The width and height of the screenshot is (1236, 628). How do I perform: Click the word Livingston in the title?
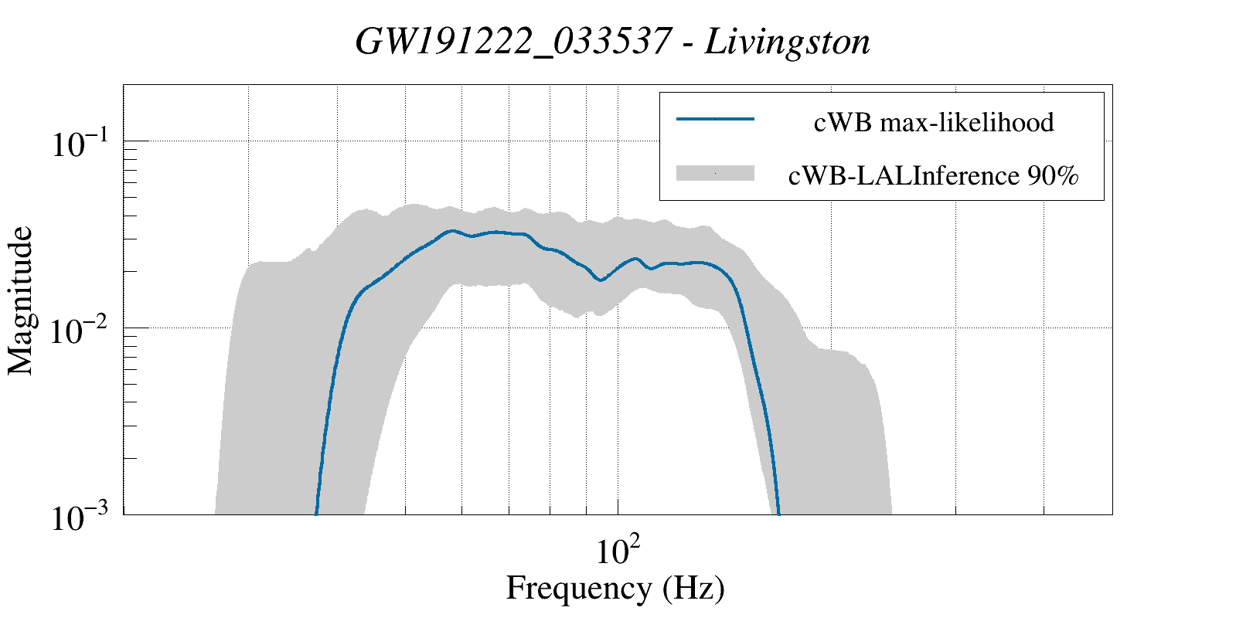[788, 42]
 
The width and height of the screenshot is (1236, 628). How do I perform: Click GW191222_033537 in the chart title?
[512, 42]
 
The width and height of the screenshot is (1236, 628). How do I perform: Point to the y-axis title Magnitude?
[21, 300]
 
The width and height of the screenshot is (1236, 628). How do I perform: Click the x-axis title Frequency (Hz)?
[615, 588]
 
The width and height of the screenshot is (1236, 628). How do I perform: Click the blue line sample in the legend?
[715, 119]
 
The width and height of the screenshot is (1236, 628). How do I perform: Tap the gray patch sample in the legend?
[715, 174]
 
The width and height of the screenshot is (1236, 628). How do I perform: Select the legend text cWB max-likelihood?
[934, 122]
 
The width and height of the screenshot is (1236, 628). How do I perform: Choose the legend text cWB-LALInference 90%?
[933, 176]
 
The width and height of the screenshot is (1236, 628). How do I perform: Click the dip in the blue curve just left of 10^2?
[601, 280]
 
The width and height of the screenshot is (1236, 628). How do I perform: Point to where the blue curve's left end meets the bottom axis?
[317, 513]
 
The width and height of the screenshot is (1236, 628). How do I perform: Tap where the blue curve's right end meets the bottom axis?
[778, 513]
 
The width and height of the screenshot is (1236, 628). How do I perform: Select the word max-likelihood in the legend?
[967, 122]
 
